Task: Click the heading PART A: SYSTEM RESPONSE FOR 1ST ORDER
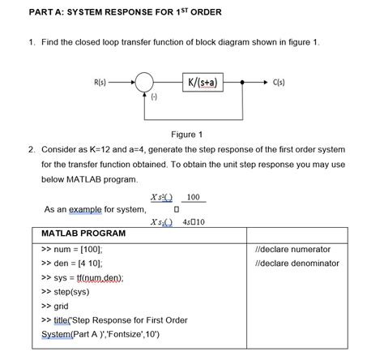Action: tap(113, 12)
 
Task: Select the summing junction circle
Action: tap(145, 83)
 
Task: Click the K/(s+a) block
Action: tap(206, 82)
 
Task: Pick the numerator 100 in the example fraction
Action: tap(193, 197)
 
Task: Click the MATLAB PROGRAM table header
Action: tap(83, 234)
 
